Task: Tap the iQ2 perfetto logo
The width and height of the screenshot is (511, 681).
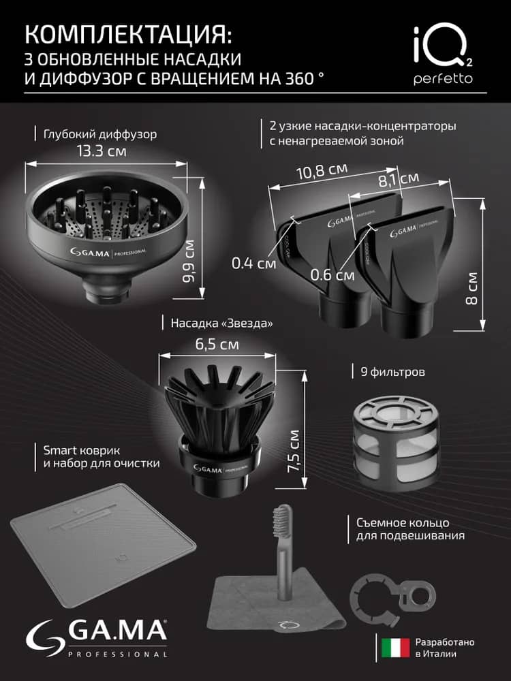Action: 443,54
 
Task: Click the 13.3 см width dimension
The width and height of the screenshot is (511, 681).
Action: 102,151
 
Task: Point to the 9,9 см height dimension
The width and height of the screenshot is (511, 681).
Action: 189,261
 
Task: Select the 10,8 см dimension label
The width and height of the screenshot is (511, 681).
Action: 322,171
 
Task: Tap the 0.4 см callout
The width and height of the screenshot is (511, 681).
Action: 253,263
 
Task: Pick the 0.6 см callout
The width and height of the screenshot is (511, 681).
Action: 332,274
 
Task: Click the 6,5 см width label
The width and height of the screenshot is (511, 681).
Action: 217,345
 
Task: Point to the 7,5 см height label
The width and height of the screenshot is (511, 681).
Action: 293,452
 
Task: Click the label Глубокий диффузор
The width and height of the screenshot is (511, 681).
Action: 100,135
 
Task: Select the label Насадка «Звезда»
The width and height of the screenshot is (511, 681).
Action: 221,323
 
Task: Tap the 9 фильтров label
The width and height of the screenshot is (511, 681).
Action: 393,372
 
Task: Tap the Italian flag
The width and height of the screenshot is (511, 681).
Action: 395,648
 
